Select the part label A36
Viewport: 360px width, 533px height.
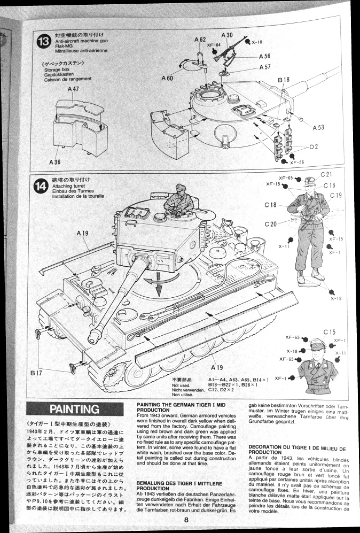[55, 162]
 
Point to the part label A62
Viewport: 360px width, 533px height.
[200, 40]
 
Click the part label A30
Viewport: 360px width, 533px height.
[226, 35]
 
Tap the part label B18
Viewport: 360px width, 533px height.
[284, 80]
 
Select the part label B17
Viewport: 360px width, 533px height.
[36, 372]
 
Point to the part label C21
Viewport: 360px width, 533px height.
[326, 175]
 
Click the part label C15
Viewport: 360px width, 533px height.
[329, 332]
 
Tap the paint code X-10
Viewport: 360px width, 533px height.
[257, 42]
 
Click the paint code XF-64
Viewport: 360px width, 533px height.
[215, 45]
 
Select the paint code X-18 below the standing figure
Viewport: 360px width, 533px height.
[336, 298]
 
